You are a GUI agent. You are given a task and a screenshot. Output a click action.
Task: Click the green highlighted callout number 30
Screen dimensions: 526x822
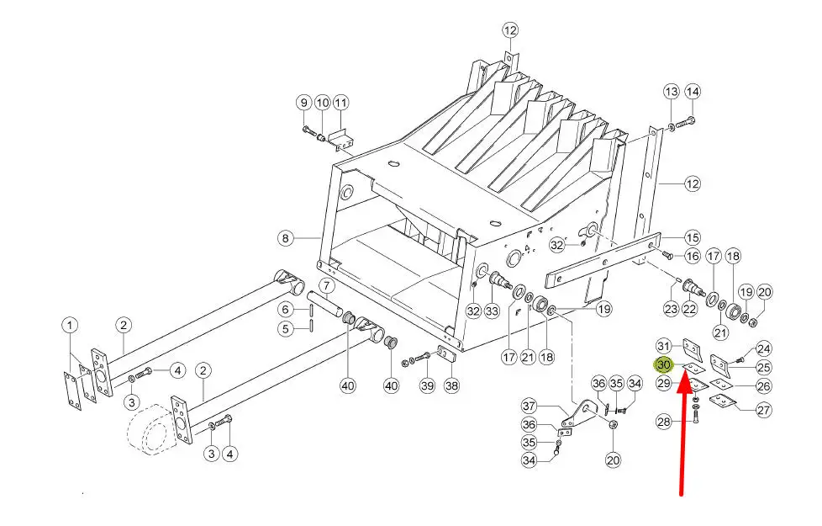pyautogui.click(x=664, y=365)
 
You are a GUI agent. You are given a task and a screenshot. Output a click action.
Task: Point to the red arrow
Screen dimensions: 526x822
pyautogui.click(x=686, y=438)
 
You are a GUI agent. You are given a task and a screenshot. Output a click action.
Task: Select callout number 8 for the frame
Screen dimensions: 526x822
pyautogui.click(x=286, y=239)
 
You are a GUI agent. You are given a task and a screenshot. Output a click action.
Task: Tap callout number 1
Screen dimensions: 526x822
pyautogui.click(x=70, y=325)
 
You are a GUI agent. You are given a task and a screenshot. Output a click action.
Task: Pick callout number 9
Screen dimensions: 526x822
pyautogui.click(x=303, y=103)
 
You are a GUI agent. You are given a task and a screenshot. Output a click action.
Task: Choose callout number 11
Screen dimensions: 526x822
pyautogui.click(x=340, y=103)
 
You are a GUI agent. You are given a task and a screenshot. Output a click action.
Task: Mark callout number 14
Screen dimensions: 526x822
pyautogui.click(x=692, y=91)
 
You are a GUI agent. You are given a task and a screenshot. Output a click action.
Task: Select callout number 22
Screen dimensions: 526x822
pyautogui.click(x=689, y=309)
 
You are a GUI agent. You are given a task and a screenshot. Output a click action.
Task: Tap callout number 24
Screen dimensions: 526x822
pyautogui.click(x=763, y=348)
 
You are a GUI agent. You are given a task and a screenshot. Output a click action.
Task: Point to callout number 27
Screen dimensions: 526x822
pyautogui.click(x=763, y=410)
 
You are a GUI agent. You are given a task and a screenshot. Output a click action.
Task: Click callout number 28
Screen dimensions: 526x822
pyautogui.click(x=664, y=422)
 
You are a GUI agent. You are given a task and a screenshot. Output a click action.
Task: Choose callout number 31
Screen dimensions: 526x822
pyautogui.click(x=664, y=346)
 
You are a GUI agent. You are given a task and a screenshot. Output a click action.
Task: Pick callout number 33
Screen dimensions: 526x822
pyautogui.click(x=493, y=311)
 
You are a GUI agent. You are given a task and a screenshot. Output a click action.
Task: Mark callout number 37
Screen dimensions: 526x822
pyautogui.click(x=552, y=407)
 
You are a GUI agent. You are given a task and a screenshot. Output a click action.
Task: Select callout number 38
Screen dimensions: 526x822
pyautogui.click(x=452, y=385)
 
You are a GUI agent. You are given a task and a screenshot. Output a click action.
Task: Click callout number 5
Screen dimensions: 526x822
pyautogui.click(x=286, y=328)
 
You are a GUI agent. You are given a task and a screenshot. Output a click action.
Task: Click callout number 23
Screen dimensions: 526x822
pyautogui.click(x=671, y=309)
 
